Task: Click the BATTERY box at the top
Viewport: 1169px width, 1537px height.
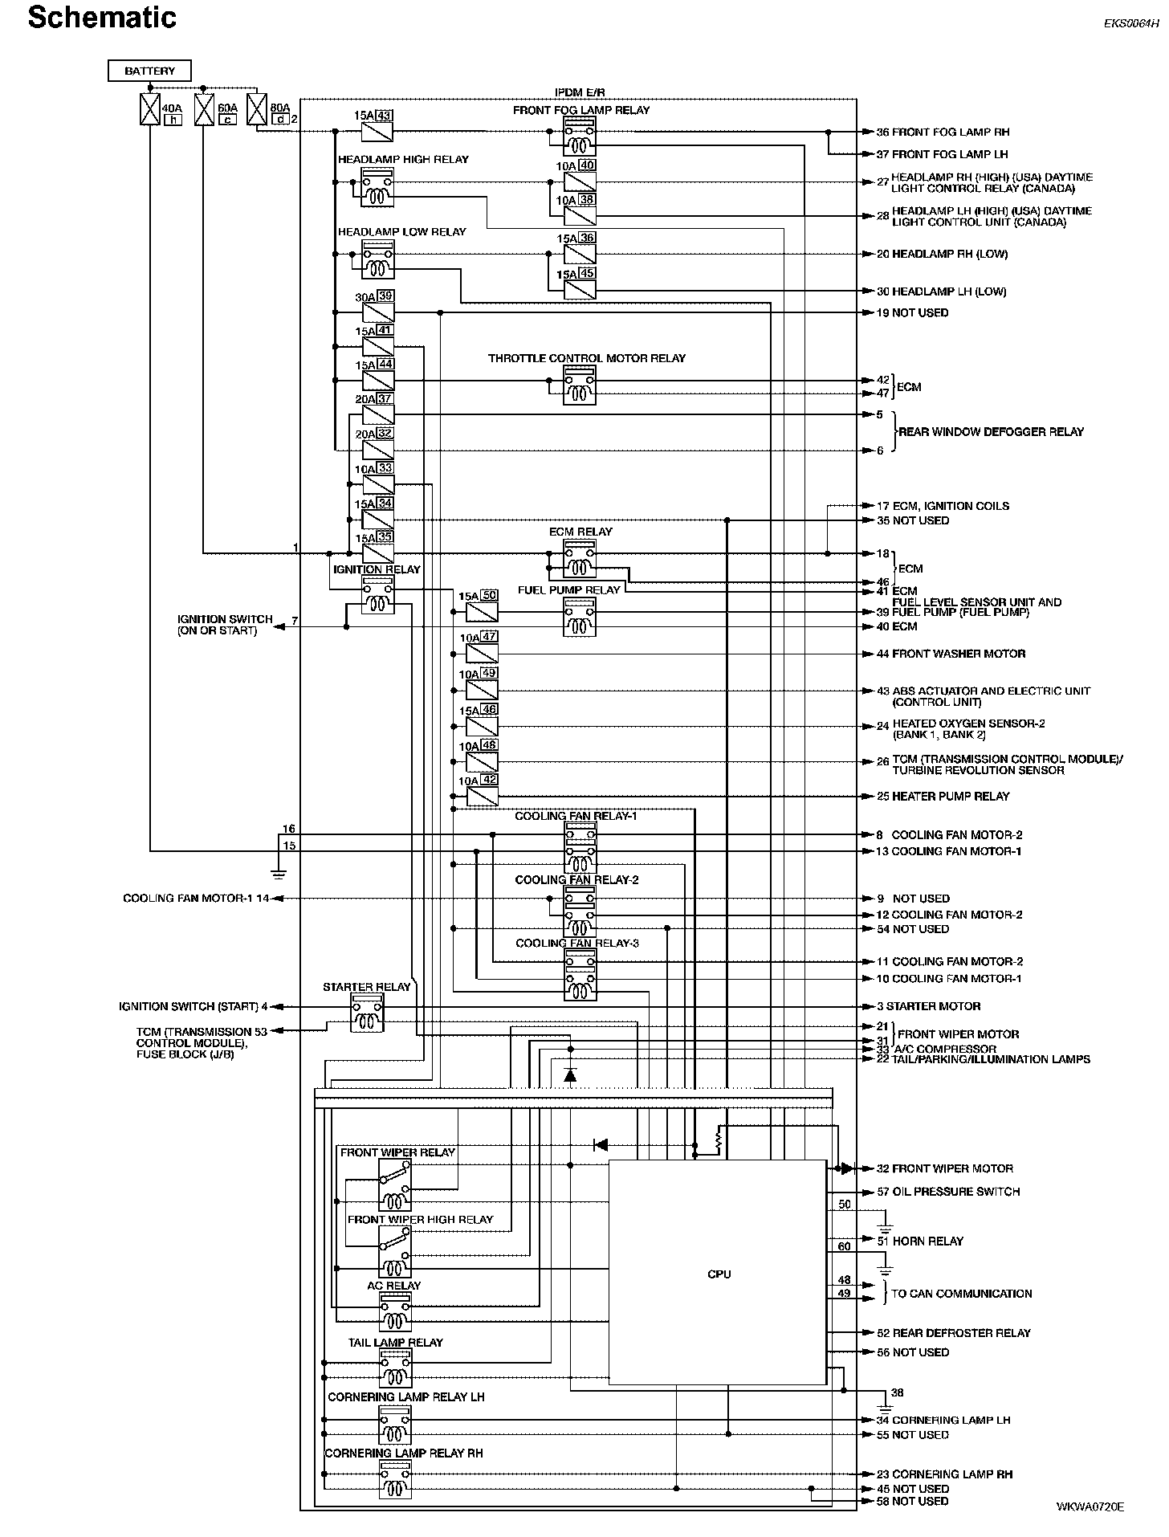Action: click(149, 71)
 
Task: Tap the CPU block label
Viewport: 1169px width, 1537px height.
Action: click(719, 1274)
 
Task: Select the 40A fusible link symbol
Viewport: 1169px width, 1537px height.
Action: click(150, 109)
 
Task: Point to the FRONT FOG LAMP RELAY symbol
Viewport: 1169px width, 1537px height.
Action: click(579, 135)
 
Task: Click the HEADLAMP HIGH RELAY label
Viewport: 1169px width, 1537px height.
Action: click(403, 159)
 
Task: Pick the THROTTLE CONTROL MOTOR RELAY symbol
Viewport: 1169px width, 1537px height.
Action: click(579, 385)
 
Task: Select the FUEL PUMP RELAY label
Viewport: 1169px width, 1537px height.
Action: click(568, 589)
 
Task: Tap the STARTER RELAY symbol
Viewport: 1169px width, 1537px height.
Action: click(367, 1013)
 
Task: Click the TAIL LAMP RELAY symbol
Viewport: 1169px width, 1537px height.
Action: click(395, 1368)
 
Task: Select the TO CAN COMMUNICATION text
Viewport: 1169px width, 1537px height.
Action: click(961, 1294)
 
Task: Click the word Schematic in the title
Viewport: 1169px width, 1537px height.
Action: click(102, 18)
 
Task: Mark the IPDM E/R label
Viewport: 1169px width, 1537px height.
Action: click(580, 93)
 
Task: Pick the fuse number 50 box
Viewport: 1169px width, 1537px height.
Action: click(489, 596)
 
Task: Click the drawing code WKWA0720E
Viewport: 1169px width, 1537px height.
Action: click(1090, 1506)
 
